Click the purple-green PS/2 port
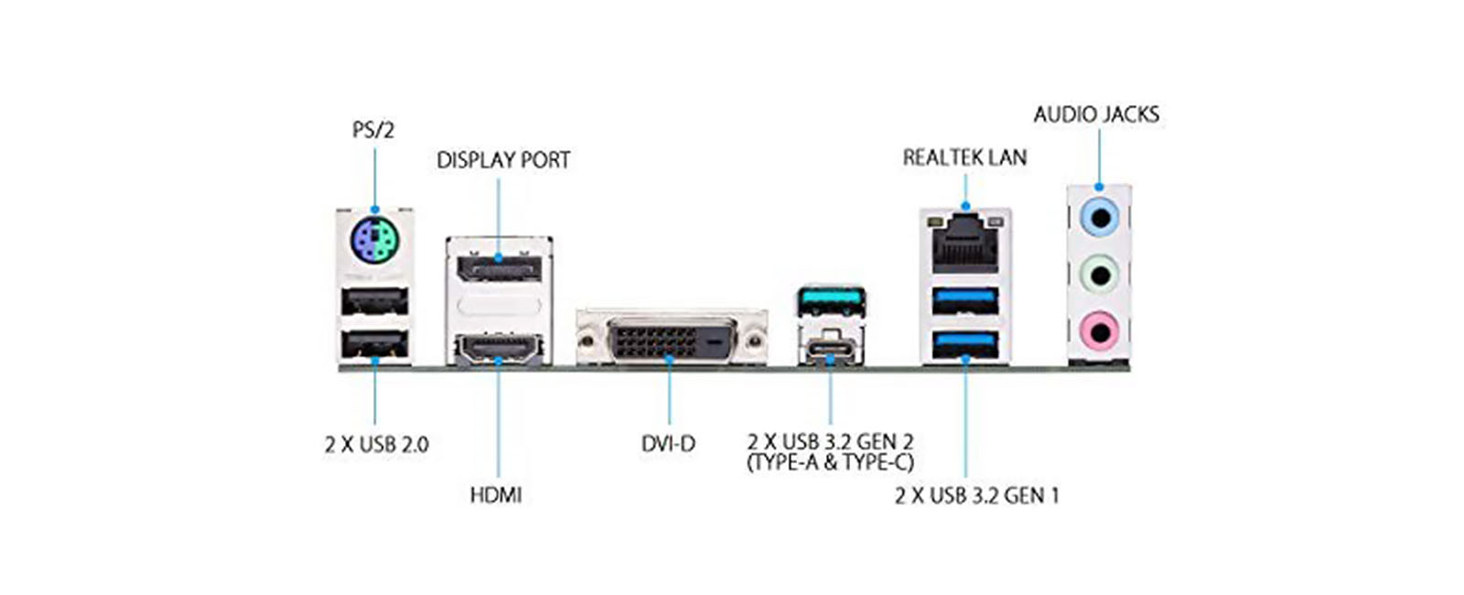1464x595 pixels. point(374,243)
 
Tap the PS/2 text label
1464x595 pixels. point(373,130)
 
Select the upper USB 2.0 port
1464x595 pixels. point(374,301)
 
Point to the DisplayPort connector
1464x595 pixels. point(499,270)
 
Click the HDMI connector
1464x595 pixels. point(499,350)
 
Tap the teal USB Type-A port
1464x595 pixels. point(831,298)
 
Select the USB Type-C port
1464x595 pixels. point(831,346)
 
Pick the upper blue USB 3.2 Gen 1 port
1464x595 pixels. point(965,299)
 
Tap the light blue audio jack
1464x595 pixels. point(1100,219)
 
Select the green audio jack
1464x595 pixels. point(1100,274)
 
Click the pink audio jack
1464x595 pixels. point(1100,327)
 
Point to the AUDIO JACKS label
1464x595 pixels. point(1096,114)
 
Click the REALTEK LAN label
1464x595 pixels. point(964,157)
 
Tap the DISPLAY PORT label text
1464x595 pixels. point(503,160)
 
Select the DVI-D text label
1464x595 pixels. point(668,444)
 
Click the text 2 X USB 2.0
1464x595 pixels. point(376,445)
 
